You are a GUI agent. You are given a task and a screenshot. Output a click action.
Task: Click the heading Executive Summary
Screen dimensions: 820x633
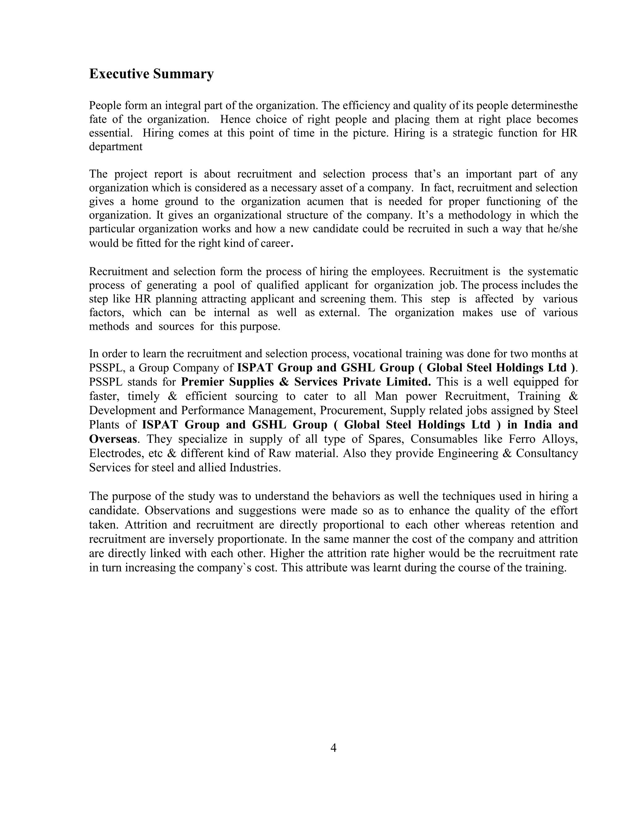pyautogui.click(x=151, y=74)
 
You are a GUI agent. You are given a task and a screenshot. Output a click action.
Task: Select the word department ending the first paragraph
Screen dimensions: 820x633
pyautogui.click(x=116, y=146)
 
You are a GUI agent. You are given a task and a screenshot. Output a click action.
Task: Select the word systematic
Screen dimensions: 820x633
pyautogui.click(x=552, y=271)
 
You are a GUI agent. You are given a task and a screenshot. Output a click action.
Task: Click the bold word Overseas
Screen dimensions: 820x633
pyautogui.click(x=113, y=439)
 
